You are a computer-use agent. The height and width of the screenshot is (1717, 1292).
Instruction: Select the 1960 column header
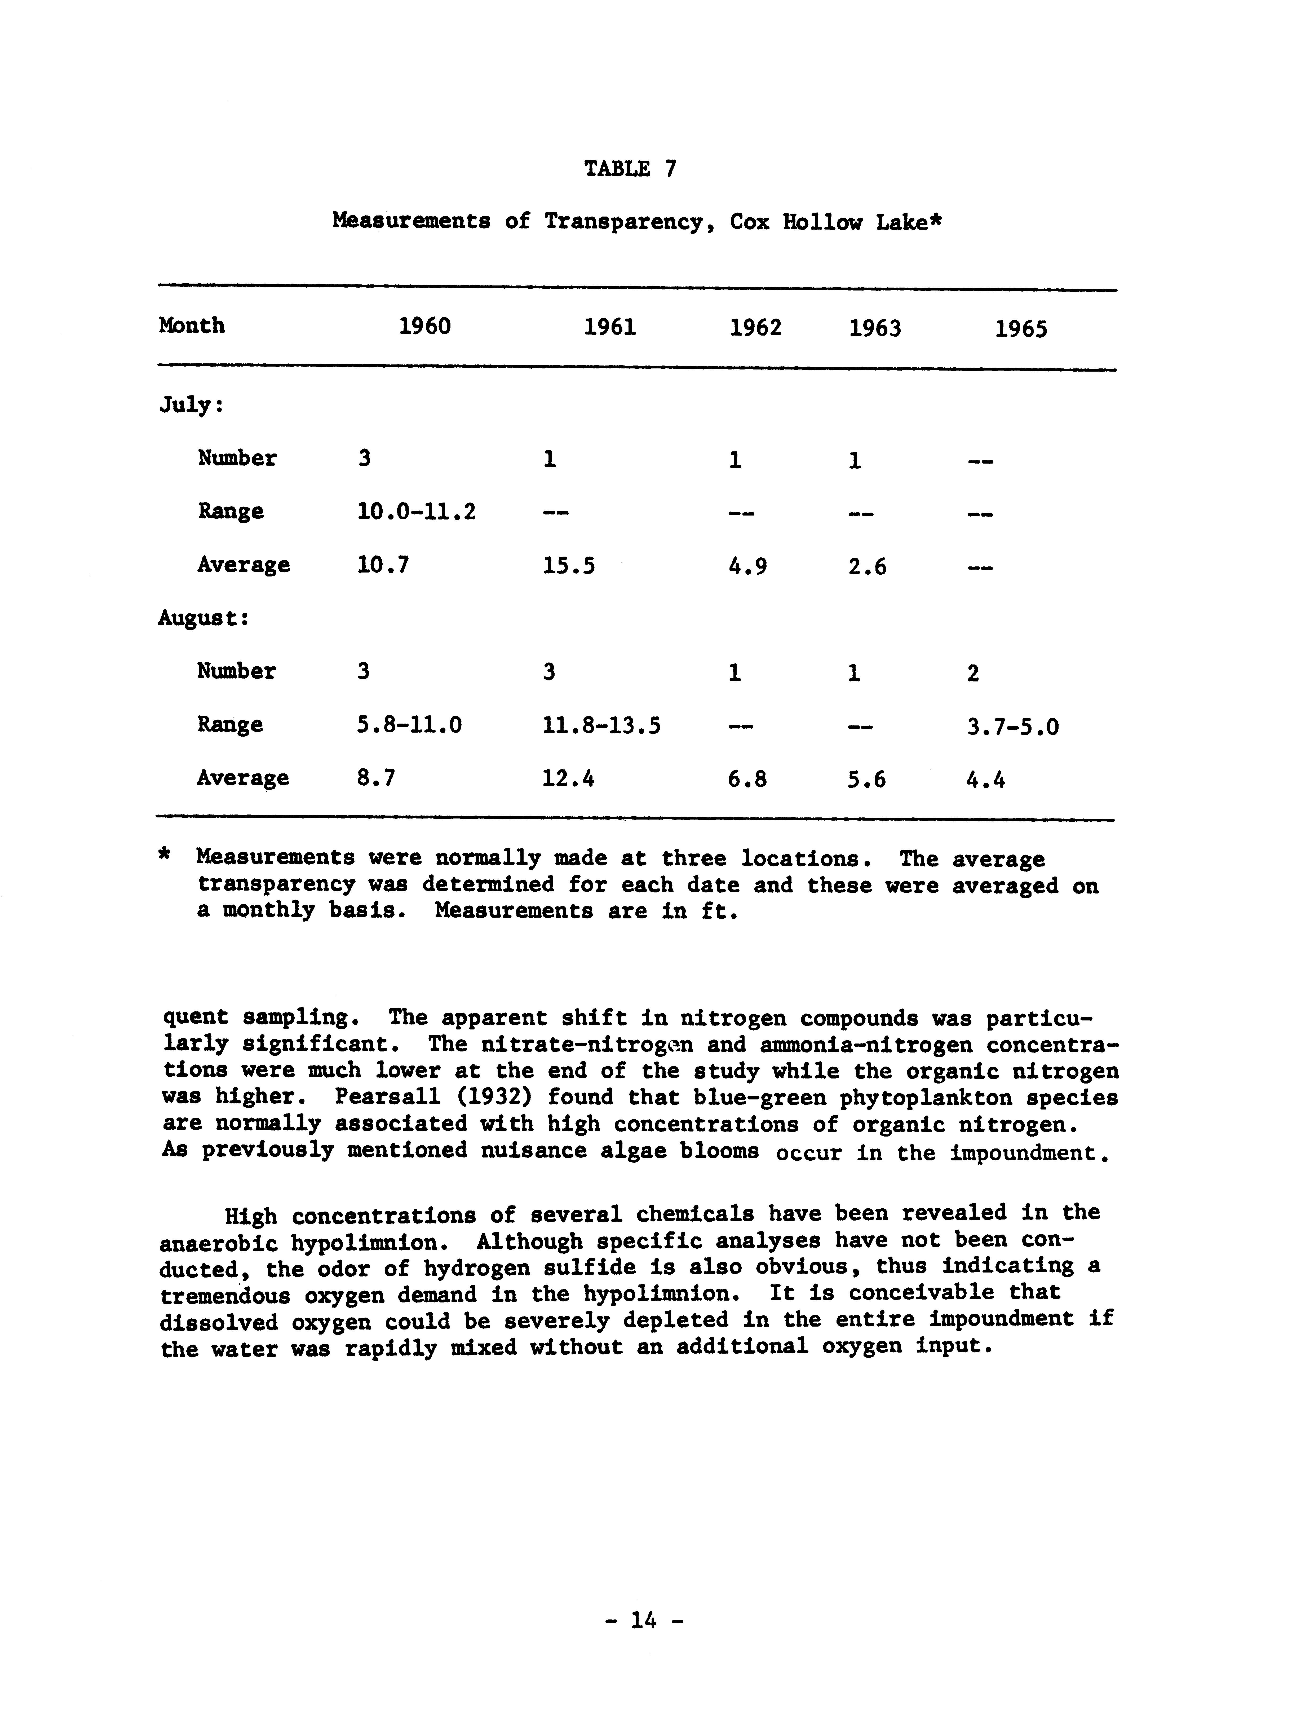(424, 326)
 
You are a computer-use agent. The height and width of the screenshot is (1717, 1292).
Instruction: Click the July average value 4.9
(747, 567)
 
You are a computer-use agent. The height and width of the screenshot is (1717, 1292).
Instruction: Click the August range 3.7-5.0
(1013, 727)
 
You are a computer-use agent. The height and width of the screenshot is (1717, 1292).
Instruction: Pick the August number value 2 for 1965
(973, 673)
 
